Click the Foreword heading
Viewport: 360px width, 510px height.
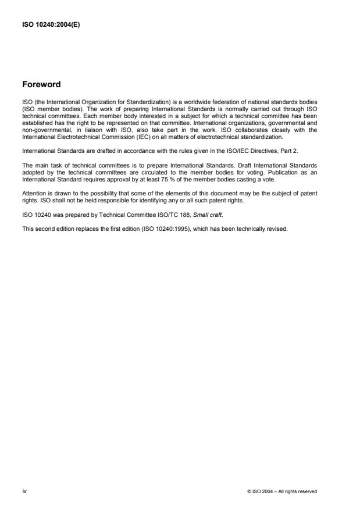pos(41,85)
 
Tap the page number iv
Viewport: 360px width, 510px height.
pos(24,491)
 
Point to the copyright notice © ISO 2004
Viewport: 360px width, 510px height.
pos(282,491)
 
